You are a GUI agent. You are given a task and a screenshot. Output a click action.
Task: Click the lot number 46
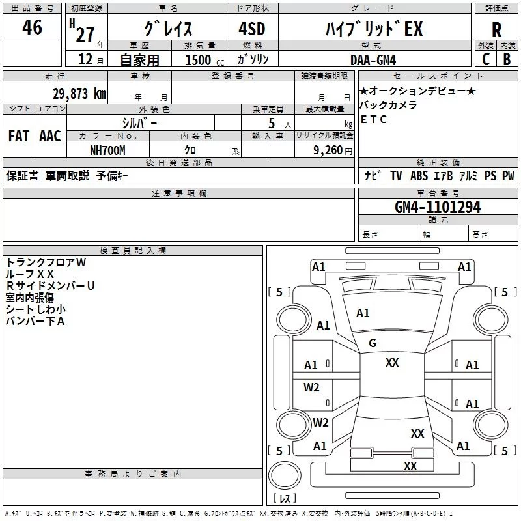(x=32, y=28)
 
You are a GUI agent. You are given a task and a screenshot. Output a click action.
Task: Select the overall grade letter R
(x=496, y=29)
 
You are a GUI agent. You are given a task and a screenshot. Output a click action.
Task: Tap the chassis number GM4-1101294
(x=438, y=207)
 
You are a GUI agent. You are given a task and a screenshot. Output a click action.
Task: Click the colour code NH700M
(x=107, y=148)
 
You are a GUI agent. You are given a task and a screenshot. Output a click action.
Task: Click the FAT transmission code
(x=19, y=136)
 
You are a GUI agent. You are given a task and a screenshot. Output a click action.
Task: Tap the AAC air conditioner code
(x=50, y=136)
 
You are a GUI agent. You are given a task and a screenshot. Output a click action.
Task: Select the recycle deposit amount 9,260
(x=328, y=149)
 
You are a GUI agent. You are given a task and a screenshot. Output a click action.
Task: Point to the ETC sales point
(x=374, y=119)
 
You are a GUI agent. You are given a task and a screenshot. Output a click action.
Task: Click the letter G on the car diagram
(x=373, y=343)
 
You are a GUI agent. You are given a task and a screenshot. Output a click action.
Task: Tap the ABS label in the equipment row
(x=419, y=176)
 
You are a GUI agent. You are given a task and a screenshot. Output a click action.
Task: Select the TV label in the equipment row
(x=396, y=176)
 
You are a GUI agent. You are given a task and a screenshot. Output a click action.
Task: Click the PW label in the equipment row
(x=508, y=176)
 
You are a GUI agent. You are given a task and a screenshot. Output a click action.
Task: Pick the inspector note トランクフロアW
(x=46, y=262)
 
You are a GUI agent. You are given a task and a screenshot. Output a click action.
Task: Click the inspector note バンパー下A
(x=35, y=321)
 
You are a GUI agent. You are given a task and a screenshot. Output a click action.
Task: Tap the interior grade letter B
(x=507, y=59)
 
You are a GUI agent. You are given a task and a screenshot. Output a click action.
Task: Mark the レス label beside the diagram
(x=285, y=499)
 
